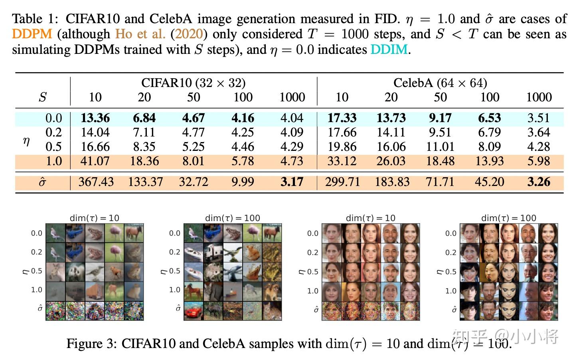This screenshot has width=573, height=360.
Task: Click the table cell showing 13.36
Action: (x=95, y=118)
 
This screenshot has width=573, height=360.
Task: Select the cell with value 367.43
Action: (x=96, y=182)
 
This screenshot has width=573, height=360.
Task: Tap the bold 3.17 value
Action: (x=292, y=182)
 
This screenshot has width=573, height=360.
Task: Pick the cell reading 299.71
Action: (x=342, y=182)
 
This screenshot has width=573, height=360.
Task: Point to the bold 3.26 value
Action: (x=538, y=182)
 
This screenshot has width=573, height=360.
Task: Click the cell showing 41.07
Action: (x=95, y=161)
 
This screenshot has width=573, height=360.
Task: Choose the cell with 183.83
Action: (x=392, y=182)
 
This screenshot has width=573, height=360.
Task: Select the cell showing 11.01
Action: (x=440, y=147)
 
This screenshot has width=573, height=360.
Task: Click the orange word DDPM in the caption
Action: (x=32, y=34)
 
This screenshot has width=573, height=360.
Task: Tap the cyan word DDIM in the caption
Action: (x=389, y=49)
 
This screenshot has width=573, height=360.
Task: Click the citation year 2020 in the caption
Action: (x=189, y=34)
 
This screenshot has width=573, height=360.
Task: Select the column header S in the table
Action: (x=42, y=97)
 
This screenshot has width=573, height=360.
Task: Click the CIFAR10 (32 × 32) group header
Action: (x=193, y=83)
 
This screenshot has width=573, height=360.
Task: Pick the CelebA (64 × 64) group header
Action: (x=440, y=83)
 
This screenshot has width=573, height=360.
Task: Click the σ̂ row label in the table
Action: (x=42, y=182)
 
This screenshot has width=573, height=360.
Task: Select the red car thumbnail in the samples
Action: (x=194, y=311)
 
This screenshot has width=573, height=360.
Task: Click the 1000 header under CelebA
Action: (x=539, y=97)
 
